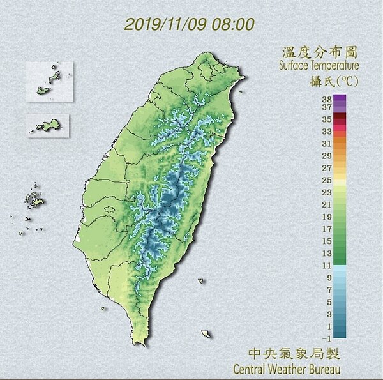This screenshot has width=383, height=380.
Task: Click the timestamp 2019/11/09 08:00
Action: pyautogui.click(x=190, y=24)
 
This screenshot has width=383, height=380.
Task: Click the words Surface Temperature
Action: pyautogui.click(x=319, y=66)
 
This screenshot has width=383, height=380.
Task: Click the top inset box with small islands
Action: pyautogui.click(x=50, y=82)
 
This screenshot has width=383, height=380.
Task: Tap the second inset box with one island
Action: pyautogui.click(x=48, y=125)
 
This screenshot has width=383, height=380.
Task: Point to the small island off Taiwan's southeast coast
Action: pyautogui.click(x=206, y=334)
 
